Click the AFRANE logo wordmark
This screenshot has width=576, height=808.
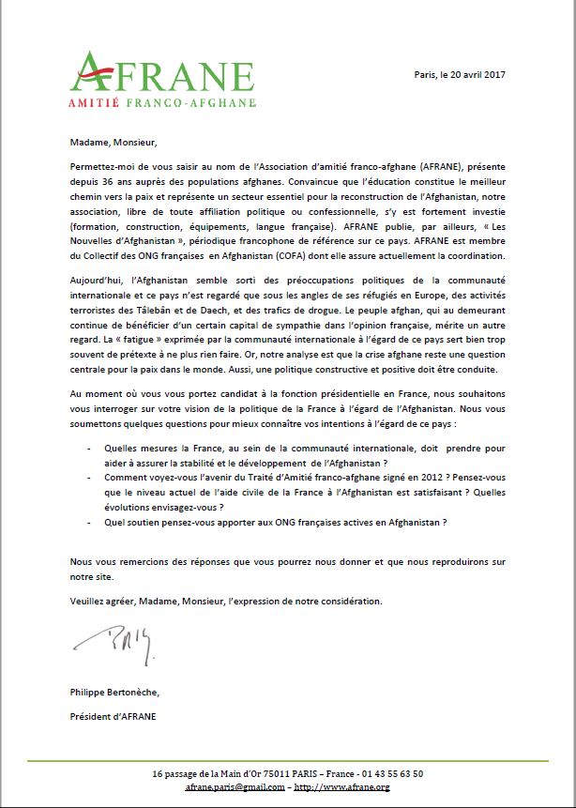click(x=161, y=71)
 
